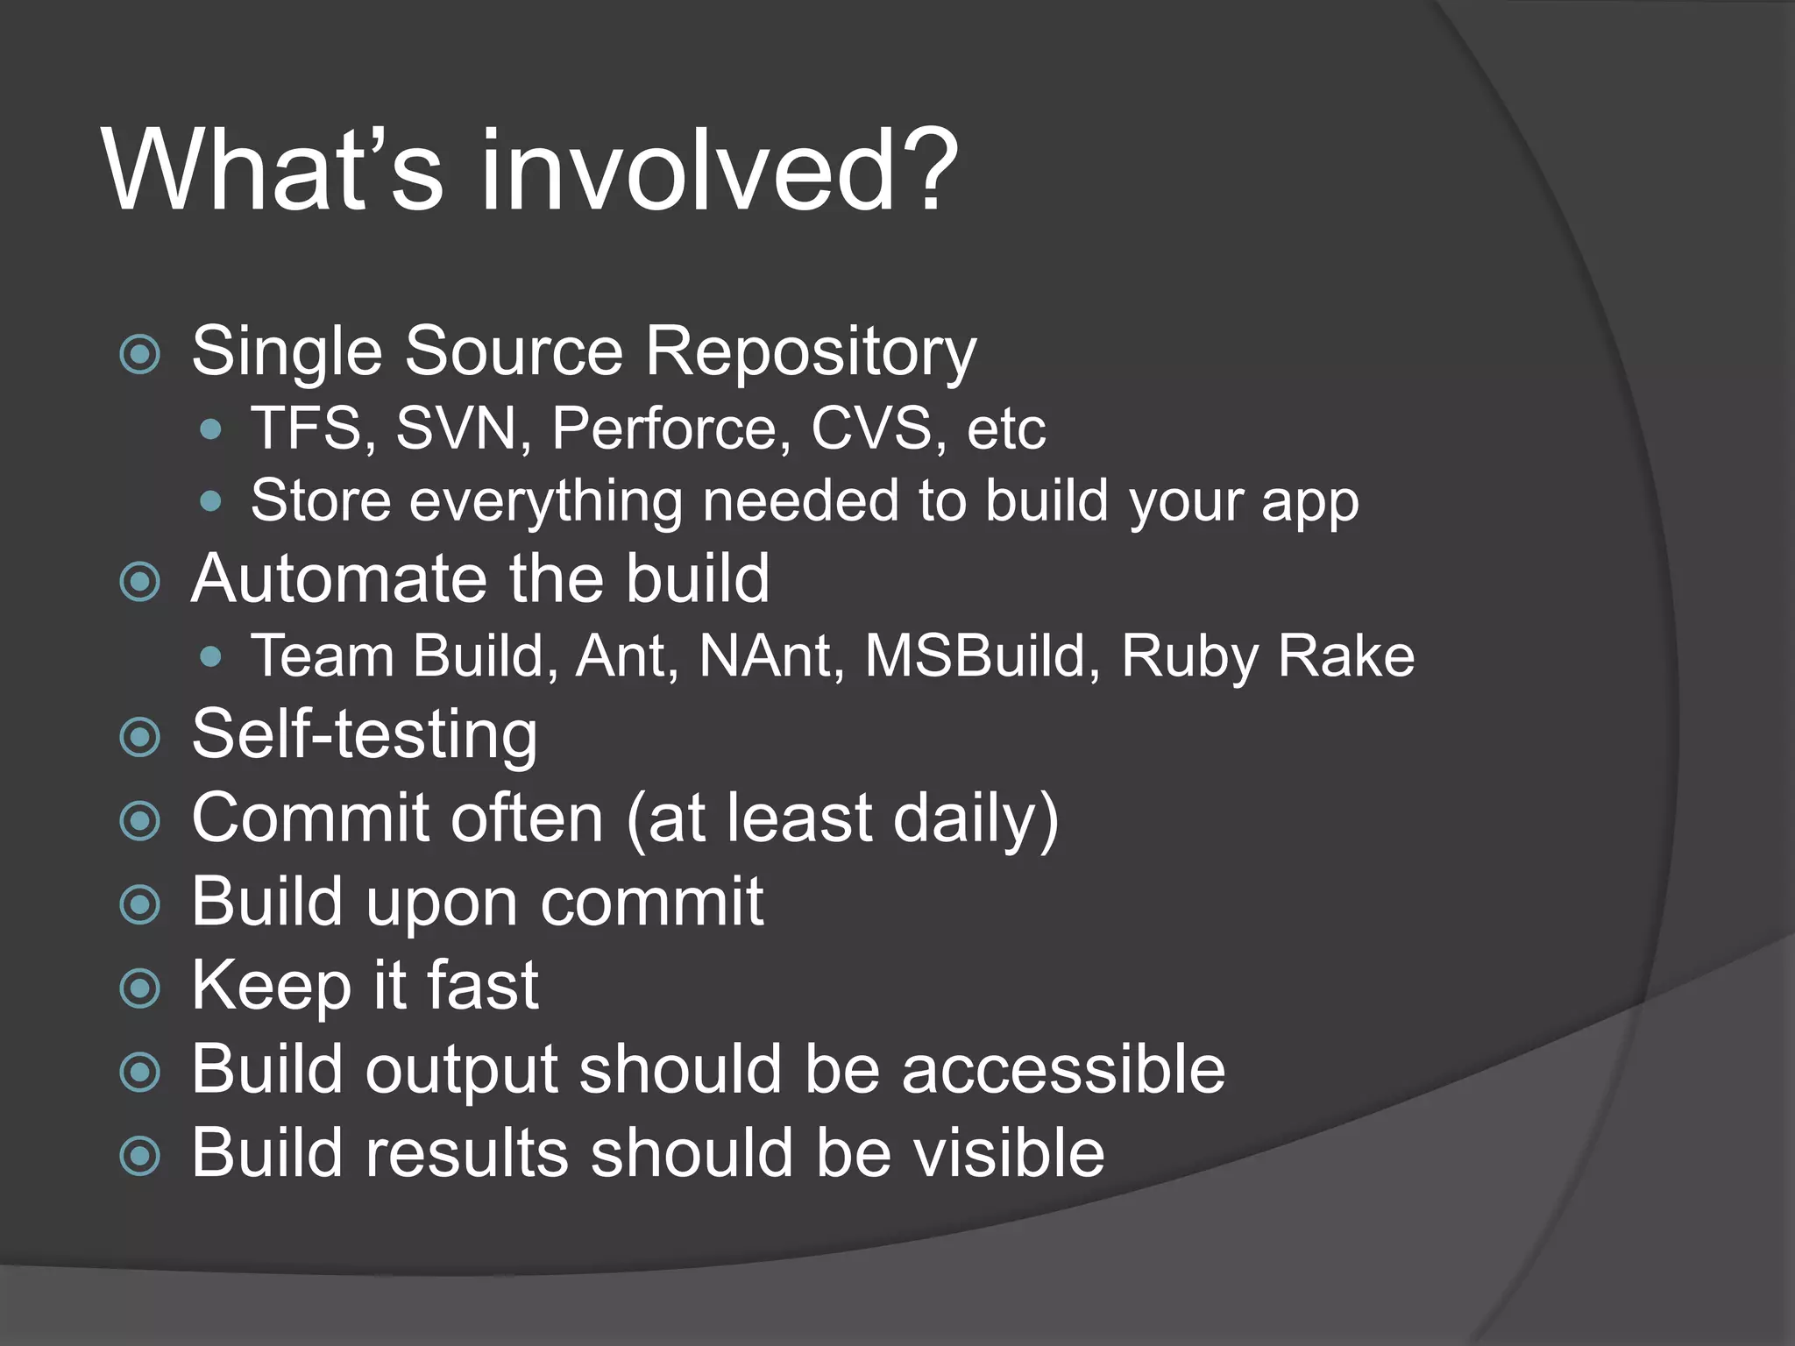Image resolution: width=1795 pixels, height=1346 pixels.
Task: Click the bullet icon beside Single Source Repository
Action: click(x=140, y=355)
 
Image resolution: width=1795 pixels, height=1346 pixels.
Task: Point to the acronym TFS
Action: click(x=313, y=429)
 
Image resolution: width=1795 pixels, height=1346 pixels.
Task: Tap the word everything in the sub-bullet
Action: click(x=545, y=501)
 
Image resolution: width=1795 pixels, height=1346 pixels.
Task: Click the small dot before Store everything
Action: click(x=210, y=501)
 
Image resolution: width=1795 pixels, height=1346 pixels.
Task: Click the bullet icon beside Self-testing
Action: click(x=140, y=737)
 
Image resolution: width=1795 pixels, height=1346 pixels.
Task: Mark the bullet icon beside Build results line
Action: click(x=140, y=1156)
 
